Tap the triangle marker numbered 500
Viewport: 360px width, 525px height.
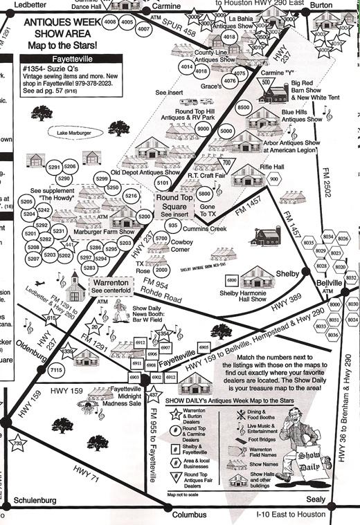266,83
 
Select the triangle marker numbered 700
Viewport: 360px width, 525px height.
226,163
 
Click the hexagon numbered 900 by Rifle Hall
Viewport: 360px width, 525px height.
274,179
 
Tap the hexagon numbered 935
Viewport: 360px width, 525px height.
174,226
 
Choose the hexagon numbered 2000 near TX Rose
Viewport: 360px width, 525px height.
162,270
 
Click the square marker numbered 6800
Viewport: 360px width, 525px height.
231,280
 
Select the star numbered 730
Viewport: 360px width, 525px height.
19,443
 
